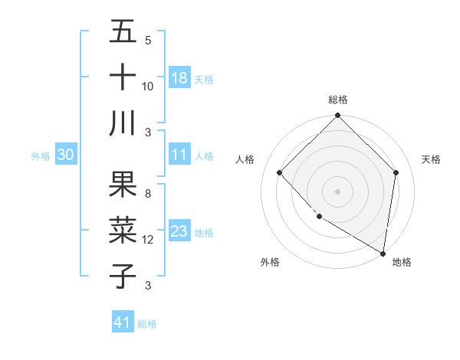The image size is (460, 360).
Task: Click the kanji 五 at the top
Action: point(123,32)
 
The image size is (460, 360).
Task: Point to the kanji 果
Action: point(123,185)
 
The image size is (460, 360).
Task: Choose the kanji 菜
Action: point(123,230)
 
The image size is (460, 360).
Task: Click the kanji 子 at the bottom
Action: point(123,275)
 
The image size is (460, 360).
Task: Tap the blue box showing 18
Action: point(179,78)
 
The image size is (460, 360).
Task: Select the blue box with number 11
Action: point(179,155)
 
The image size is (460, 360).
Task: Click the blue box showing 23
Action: point(179,231)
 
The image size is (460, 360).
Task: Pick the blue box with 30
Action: point(65,155)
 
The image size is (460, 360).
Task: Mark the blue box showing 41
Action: point(123,322)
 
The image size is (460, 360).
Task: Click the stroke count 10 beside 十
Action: point(148,86)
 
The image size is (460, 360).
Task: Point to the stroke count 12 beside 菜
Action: point(148,240)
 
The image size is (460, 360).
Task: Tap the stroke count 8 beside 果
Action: point(148,195)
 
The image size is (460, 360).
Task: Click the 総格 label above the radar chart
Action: point(337,100)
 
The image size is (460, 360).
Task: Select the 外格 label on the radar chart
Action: point(270,262)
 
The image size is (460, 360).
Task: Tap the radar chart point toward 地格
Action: point(383,253)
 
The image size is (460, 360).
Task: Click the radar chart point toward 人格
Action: point(280,172)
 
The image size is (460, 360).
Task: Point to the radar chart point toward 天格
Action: point(396,172)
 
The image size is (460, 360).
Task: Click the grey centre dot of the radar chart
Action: point(337,191)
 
